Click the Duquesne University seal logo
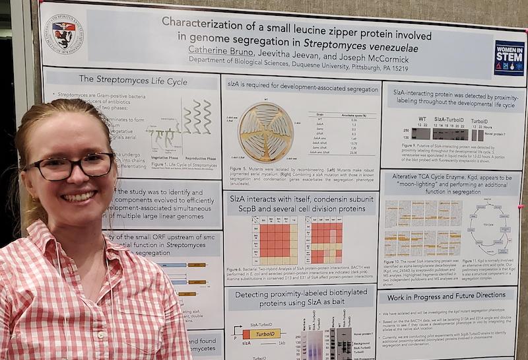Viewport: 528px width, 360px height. tap(65, 33)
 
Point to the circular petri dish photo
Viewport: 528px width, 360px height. tap(266, 132)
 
